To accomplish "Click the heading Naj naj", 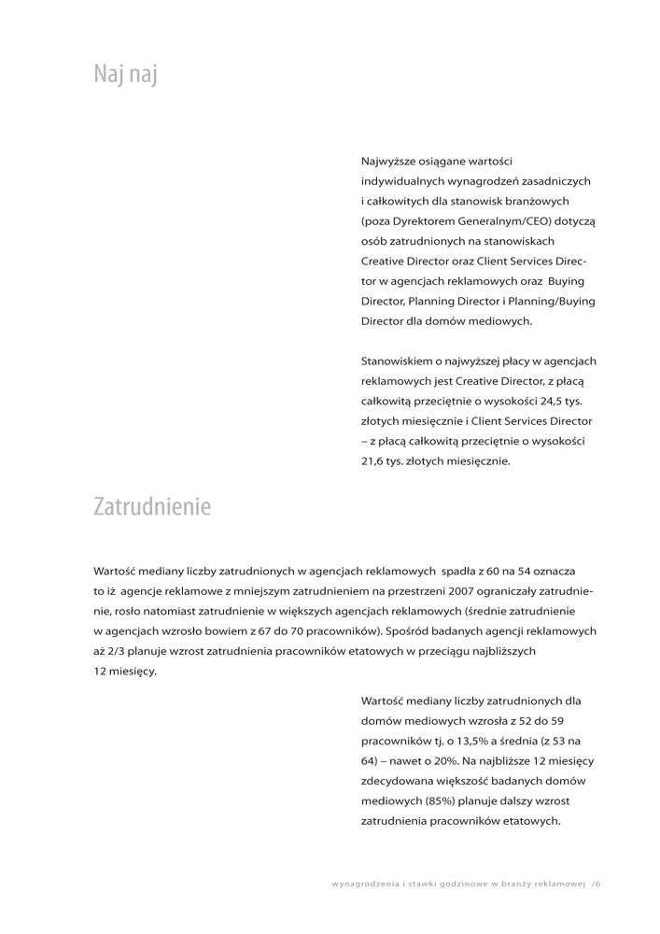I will click(x=125, y=74).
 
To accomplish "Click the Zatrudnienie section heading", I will click(x=152, y=506).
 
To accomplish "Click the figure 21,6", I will click(x=374, y=460).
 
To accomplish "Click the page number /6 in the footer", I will click(x=596, y=883).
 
